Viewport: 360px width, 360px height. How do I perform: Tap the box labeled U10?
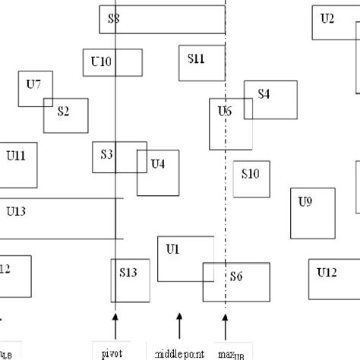[x=112, y=63]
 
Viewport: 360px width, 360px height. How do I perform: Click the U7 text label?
[x=33, y=84]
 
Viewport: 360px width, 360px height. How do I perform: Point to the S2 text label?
[x=62, y=112]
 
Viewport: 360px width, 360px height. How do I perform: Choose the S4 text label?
[x=264, y=94]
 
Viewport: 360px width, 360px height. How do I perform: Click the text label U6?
[x=225, y=112]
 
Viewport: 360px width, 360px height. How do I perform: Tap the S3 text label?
[x=107, y=154]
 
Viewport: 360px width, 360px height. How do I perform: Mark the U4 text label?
[x=158, y=163]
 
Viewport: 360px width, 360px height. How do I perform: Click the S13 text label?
[x=128, y=272]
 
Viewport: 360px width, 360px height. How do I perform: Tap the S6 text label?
[x=236, y=276]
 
